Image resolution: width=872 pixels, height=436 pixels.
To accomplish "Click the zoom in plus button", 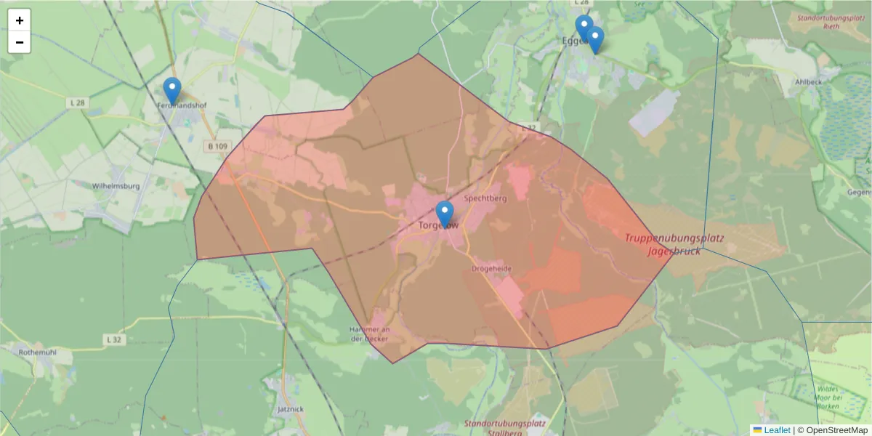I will [x=20, y=20].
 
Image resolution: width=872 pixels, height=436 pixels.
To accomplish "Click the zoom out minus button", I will [x=20, y=42].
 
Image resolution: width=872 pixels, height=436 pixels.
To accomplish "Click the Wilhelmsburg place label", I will [x=116, y=186].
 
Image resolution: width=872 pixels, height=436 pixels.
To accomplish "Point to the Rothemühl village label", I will [x=38, y=352].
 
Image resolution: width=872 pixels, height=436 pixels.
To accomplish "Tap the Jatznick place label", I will [x=290, y=409].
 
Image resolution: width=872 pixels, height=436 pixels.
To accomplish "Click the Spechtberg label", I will [x=485, y=198].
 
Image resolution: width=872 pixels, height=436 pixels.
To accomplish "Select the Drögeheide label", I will [x=491, y=269].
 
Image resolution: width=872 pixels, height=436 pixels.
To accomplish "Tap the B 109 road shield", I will [x=217, y=146].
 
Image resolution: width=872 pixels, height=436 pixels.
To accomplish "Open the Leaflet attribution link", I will [x=777, y=430].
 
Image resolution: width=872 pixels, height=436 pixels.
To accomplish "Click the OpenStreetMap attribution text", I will [x=836, y=430].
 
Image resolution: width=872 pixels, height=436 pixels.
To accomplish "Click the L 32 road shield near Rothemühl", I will [x=113, y=339].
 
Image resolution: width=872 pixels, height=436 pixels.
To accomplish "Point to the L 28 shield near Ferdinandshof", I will [x=78, y=103].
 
